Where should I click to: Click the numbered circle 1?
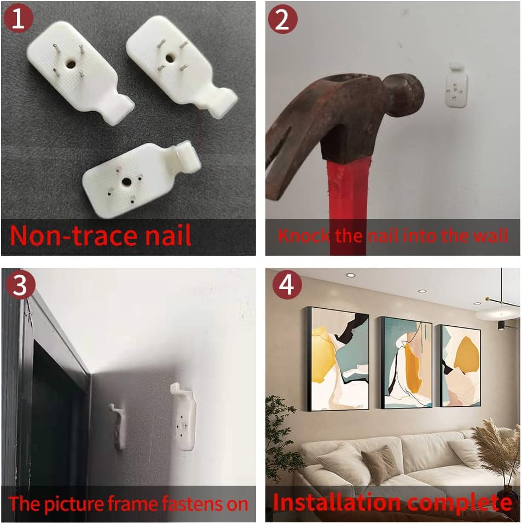click(x=19, y=19)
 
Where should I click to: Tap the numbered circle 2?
click(x=282, y=19)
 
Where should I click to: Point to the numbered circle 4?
click(x=287, y=285)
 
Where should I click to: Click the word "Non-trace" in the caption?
click(x=72, y=235)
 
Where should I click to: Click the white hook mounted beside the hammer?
click(x=456, y=85)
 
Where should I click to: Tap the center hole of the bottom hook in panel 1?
click(x=126, y=182)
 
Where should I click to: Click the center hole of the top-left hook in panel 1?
click(x=71, y=64)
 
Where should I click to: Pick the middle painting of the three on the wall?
click(x=407, y=363)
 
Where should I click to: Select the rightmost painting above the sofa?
click(x=460, y=366)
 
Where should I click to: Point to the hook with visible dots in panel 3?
click(x=184, y=416)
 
